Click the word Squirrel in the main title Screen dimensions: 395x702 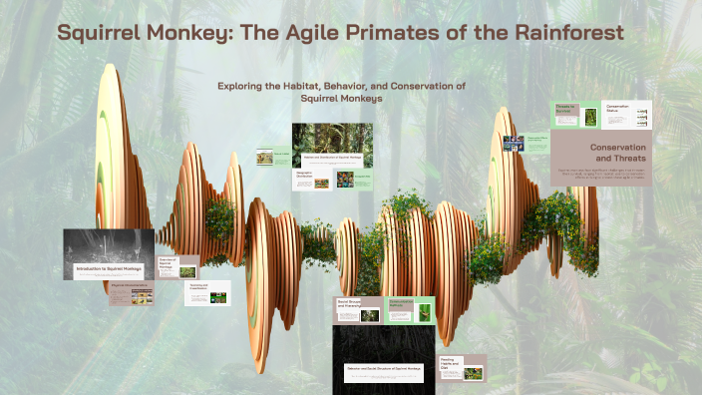tap(97, 33)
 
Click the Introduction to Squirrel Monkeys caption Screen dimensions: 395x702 tap(110, 269)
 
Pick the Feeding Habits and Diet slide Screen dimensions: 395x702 tap(461, 366)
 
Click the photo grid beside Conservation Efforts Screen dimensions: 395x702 tap(514, 144)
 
